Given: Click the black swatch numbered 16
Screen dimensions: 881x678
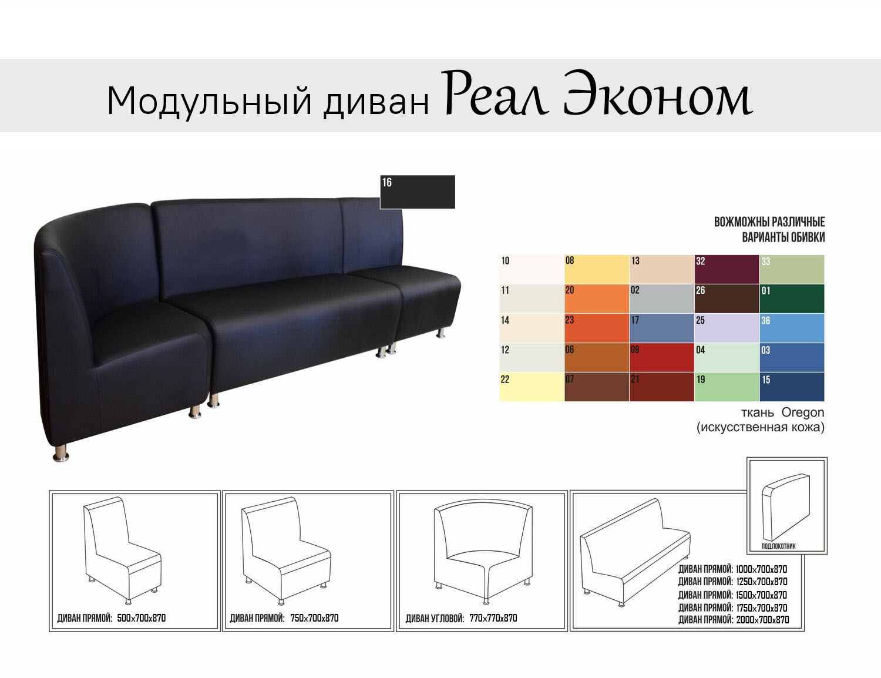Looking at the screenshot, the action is pos(417,192).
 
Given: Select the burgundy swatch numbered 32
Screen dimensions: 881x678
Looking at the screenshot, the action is pos(727,269).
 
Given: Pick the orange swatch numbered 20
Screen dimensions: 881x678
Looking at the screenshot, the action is pos(597,298).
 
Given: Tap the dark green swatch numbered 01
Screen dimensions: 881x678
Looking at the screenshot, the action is pos(792,298).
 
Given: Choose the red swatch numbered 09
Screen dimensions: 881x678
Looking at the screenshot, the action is pos(662,357).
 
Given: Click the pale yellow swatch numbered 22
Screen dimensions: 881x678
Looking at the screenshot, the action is pos(532,387).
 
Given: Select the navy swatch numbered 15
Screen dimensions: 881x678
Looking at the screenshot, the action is pos(792,387).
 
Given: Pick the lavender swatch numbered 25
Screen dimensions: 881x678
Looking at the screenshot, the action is pos(727,328).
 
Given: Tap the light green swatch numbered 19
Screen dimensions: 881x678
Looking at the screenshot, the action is pos(727,387).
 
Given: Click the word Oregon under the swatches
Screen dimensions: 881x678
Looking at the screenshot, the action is pos(803,413).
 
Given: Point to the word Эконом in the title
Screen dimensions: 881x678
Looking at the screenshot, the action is pos(658,95).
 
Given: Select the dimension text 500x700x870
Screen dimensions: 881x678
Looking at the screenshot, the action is pos(142,618).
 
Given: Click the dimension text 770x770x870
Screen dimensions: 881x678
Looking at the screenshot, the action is pos(493,618).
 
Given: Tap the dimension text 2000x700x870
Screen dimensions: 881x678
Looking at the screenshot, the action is pos(762,620).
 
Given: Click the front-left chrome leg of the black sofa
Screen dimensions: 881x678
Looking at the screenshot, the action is pos(61,454).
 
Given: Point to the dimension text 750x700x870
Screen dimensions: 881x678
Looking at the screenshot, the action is pos(314,618).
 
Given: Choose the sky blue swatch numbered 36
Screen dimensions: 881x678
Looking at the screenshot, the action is pos(792,328).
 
